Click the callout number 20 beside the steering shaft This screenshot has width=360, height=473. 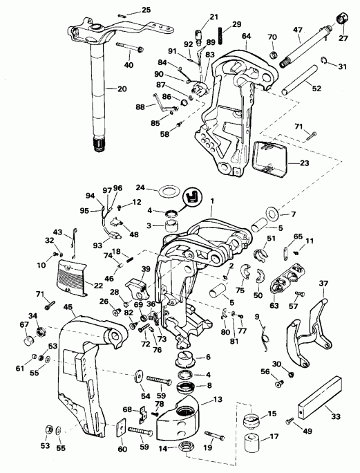pos(122,89)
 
